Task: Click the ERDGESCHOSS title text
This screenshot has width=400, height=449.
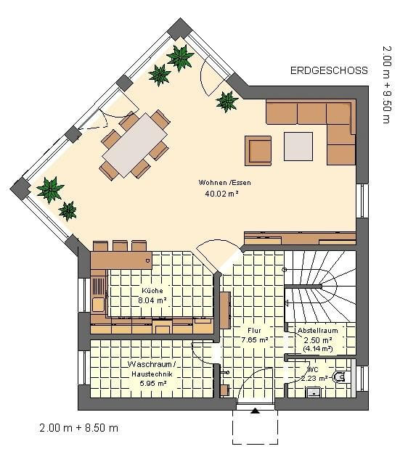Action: [329, 70]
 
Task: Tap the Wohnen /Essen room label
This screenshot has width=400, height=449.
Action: [224, 182]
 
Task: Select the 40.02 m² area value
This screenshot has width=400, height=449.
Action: [221, 194]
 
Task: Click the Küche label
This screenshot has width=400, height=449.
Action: [152, 290]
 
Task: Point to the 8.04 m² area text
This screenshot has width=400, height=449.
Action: [152, 300]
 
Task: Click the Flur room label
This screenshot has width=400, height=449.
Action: [254, 331]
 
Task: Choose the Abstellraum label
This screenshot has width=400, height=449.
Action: [318, 331]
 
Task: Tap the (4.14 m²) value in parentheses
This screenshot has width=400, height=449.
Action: [318, 349]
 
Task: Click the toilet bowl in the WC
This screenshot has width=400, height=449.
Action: [340, 377]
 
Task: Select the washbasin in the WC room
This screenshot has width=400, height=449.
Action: [314, 392]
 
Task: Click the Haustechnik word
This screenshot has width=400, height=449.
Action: [152, 374]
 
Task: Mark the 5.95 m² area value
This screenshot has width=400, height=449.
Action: [153, 383]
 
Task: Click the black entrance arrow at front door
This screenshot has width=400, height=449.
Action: [255, 411]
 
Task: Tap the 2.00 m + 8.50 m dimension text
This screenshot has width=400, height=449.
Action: [79, 428]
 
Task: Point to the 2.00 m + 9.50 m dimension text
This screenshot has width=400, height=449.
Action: [386, 85]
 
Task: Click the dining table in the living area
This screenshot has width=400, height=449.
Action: [135, 145]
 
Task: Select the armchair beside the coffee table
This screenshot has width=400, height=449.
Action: [258, 151]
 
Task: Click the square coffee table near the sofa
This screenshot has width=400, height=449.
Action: [298, 147]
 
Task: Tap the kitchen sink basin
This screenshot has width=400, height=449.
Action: [98, 305]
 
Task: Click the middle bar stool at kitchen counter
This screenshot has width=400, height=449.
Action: [120, 246]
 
